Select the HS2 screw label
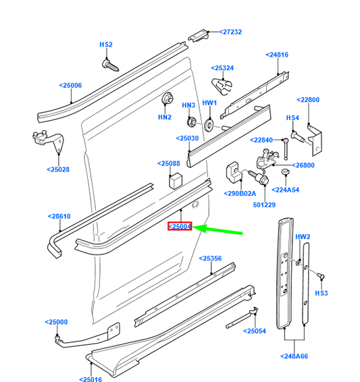tap(106, 45)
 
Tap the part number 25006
tap(70, 86)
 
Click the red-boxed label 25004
tap(180, 227)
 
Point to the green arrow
tap(222, 230)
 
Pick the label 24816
tap(277, 55)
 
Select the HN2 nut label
tap(165, 117)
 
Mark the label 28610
tap(59, 217)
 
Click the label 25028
tap(58, 169)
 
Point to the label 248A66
tap(294, 356)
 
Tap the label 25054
tap(255, 331)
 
